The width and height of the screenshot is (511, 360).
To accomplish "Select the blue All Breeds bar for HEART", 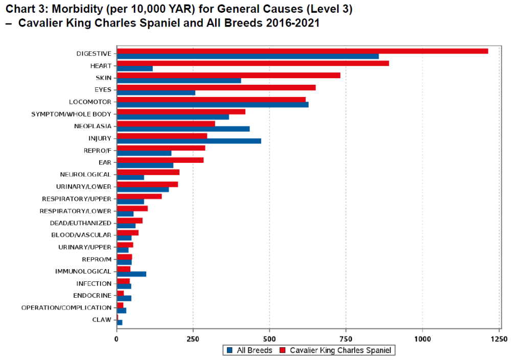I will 135,68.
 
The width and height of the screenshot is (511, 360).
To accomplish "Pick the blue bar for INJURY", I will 189,141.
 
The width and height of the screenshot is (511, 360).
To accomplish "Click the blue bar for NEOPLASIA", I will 183,129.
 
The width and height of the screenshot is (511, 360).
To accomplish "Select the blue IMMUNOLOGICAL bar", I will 132,274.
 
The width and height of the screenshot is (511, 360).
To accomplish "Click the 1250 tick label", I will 499,339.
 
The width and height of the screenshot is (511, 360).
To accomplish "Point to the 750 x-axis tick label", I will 346,339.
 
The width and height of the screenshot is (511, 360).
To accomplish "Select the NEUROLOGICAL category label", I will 85,175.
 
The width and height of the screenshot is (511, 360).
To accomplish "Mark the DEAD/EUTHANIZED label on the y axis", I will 80,223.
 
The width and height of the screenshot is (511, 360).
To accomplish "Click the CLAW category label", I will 102,320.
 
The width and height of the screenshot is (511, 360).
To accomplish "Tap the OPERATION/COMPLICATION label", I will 66,308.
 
